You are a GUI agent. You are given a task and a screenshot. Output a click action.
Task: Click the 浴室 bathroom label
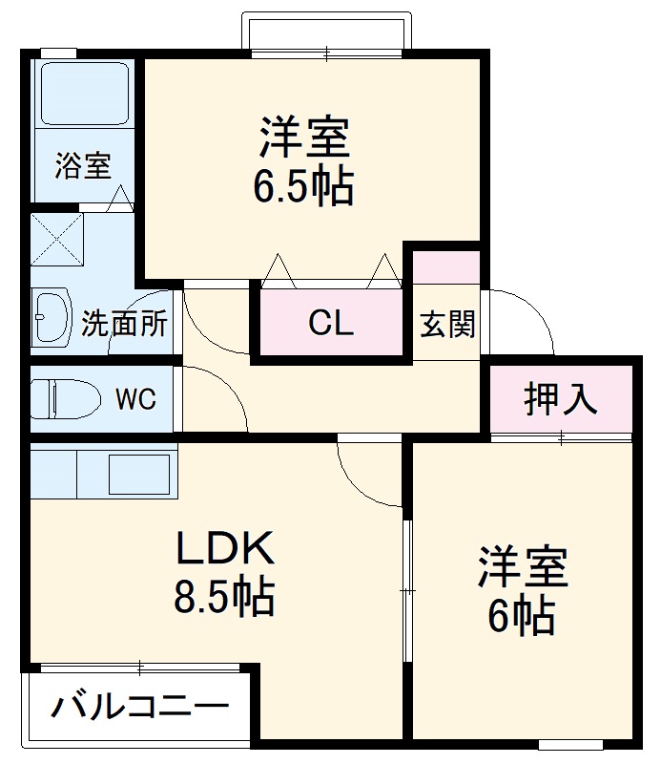coord(82,166)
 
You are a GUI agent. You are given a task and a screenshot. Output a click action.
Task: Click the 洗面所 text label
coord(124,324)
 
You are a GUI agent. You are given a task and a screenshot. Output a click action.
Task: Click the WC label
coord(135,399)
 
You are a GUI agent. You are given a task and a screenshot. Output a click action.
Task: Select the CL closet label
coord(331,324)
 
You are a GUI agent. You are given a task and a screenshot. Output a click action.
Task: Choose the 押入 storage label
coord(561,399)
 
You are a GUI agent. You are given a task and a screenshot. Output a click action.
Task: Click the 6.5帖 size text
coord(303,187)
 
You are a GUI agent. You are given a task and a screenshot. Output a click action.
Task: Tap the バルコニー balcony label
coord(139,709)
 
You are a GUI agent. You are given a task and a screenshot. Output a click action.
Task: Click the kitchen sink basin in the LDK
coord(138,472)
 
